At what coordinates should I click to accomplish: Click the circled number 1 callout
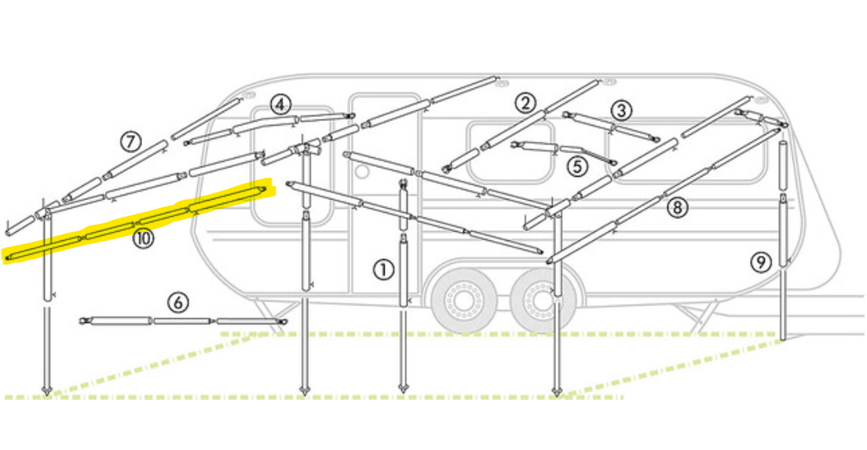tap(383, 270)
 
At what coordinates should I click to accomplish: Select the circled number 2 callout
tap(525, 103)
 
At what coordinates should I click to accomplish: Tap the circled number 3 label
tap(621, 111)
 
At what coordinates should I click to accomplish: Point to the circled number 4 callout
tap(280, 104)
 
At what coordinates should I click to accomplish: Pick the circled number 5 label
tap(576, 166)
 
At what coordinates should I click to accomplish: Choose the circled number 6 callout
tap(177, 302)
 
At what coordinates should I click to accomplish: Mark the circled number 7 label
tap(130, 142)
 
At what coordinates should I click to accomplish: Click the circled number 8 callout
tap(677, 208)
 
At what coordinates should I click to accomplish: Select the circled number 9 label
tap(761, 262)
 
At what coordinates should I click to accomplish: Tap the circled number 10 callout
tap(143, 239)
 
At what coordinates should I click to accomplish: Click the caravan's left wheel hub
tap(460, 302)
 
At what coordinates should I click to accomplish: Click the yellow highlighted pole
tap(135, 223)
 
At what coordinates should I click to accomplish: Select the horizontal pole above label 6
tap(183, 320)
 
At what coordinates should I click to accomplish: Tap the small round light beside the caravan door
tap(361, 172)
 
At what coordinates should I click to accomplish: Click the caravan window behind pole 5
tap(510, 152)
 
